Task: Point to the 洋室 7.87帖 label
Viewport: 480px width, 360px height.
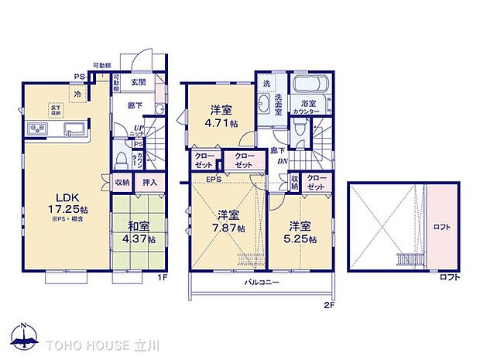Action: tap(230, 221)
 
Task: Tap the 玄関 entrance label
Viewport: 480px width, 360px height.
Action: tap(139, 83)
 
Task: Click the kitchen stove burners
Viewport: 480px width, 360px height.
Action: tap(37, 129)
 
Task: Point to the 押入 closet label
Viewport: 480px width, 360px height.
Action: tap(149, 183)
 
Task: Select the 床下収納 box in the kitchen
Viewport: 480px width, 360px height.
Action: tap(57, 110)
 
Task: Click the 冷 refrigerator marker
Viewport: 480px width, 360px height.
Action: tap(77, 94)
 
